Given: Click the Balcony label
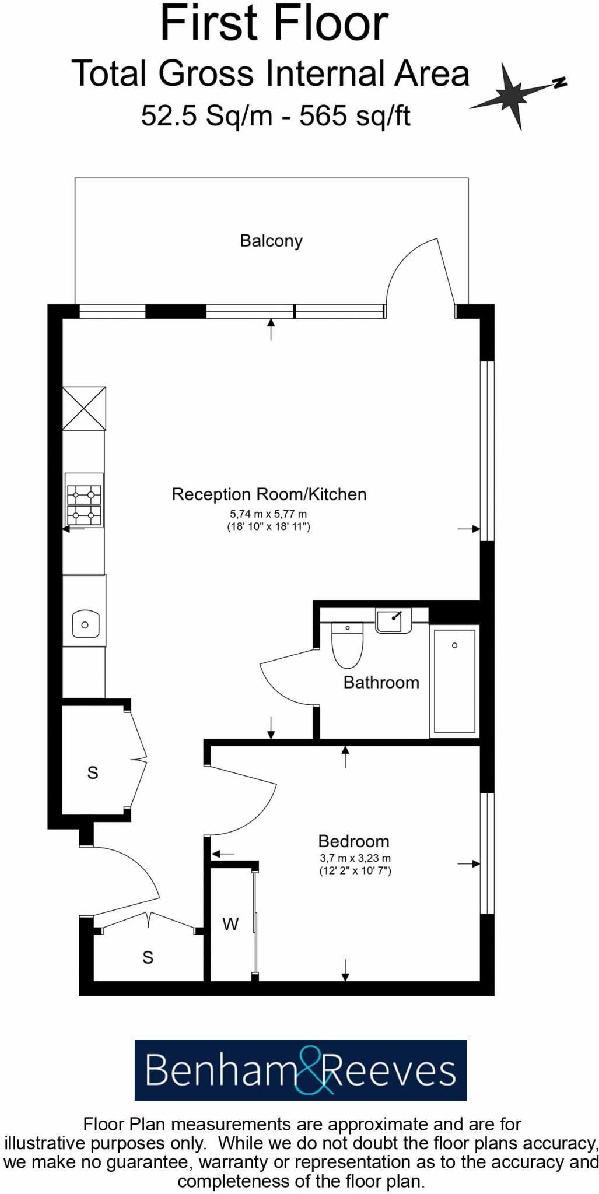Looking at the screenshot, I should [271, 241].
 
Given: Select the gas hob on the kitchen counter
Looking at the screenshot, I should [85, 500].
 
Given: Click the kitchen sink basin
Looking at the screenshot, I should [85, 624].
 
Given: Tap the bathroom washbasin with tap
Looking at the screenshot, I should [393, 620].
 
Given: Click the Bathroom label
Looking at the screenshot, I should [381, 683].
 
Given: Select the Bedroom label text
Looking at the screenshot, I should [353, 841].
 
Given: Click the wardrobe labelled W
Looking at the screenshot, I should [231, 924].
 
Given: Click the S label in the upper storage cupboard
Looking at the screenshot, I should [93, 773].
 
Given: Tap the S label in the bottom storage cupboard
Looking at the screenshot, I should [148, 957].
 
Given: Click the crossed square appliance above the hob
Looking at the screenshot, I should [85, 408].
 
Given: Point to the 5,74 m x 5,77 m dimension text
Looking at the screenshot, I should [268, 514].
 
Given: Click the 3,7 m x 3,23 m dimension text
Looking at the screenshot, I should [355, 858].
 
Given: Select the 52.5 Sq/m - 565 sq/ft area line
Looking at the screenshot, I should [275, 115].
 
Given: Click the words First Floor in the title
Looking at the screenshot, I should [274, 23].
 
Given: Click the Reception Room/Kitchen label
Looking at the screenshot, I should [269, 494].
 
